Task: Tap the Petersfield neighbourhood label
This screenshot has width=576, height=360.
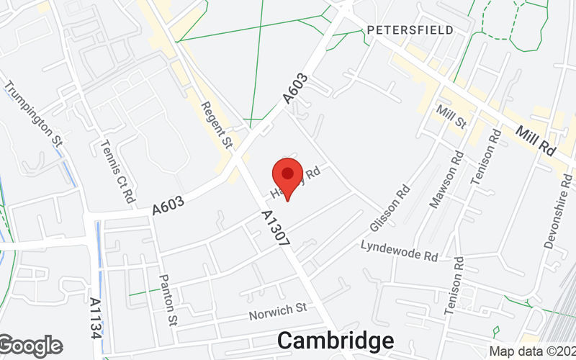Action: pos(410,30)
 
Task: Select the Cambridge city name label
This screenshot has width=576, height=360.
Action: pos(336,341)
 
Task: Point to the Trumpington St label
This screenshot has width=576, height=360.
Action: pos(34,114)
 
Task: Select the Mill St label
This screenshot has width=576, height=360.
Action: pos(452,114)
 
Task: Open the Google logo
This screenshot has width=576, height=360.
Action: pos(31,346)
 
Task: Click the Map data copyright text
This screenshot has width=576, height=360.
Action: pos(531,351)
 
